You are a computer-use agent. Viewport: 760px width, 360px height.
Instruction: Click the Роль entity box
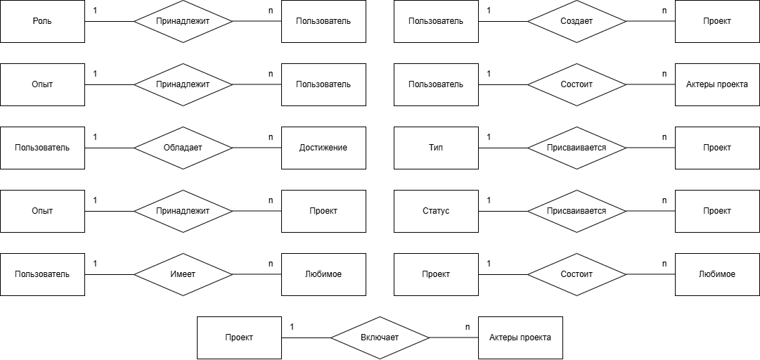[42, 21]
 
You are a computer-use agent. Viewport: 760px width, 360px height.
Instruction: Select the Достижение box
[323, 148]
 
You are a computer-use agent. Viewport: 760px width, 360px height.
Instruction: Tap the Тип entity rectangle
[436, 148]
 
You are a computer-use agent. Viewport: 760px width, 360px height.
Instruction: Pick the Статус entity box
[436, 211]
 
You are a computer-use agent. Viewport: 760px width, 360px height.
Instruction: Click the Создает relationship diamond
[577, 21]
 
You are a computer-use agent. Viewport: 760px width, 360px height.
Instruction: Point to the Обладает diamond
[183, 148]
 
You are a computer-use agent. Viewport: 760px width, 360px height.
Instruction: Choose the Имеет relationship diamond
[183, 274]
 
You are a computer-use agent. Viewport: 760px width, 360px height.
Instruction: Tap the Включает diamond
[380, 337]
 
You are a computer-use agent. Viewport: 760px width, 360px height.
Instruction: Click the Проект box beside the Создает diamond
[717, 21]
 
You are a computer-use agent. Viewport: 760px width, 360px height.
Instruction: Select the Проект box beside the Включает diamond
[239, 337]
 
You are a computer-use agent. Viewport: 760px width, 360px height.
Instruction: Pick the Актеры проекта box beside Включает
[520, 337]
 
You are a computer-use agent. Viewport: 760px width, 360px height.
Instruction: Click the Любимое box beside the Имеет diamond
[323, 274]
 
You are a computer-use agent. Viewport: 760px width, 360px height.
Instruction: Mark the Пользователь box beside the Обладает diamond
[42, 148]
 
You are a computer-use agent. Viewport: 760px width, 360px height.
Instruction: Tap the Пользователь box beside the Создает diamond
[436, 21]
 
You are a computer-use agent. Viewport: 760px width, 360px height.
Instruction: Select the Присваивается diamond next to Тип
[577, 148]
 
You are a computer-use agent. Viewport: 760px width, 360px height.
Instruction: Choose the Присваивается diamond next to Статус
[577, 211]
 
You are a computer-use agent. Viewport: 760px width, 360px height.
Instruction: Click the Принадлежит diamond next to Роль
[183, 21]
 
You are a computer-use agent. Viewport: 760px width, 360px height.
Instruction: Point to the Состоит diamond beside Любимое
[577, 274]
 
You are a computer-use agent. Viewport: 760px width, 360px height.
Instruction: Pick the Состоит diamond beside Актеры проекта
[577, 84]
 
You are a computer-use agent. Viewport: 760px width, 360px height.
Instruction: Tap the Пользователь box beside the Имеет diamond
[42, 274]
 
